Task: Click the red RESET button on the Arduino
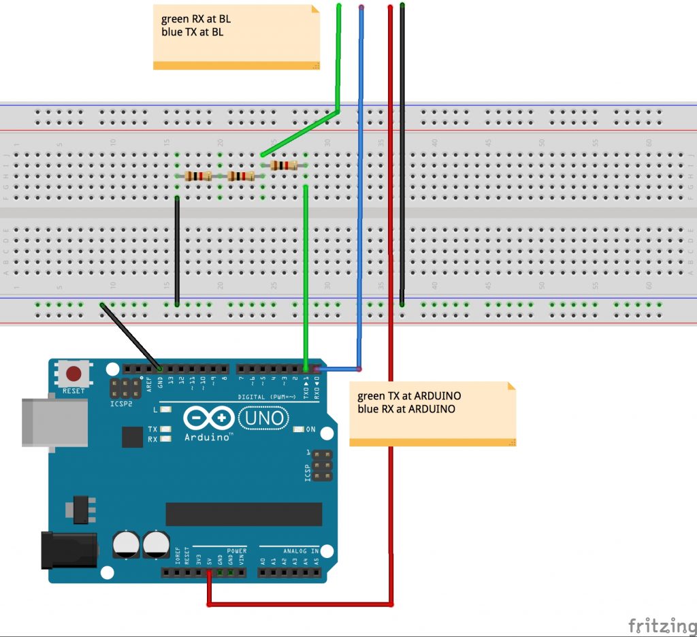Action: click(74, 374)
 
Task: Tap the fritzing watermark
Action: click(657, 625)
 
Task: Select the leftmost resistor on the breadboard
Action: click(198, 176)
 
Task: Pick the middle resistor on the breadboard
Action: click(241, 176)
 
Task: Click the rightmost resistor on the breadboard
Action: click(284, 165)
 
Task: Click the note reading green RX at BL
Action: click(236, 37)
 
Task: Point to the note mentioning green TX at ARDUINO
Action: click(432, 414)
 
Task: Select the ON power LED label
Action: click(311, 429)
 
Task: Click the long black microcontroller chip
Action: click(244, 514)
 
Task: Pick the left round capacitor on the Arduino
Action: click(127, 544)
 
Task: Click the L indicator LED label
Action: click(155, 410)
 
